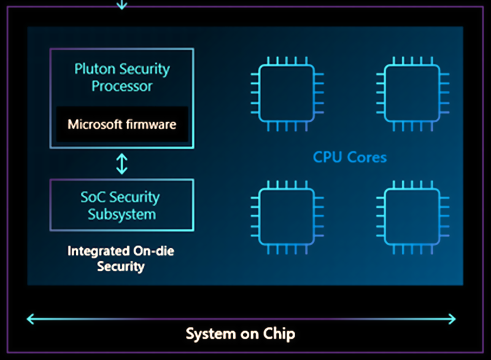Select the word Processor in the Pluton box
click(x=122, y=86)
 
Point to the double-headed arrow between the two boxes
click(x=122, y=163)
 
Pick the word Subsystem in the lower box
click(x=122, y=215)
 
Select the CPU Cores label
click(x=350, y=157)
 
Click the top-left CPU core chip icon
click(x=287, y=93)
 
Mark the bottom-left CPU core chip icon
click(x=287, y=217)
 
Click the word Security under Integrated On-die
click(x=121, y=267)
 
